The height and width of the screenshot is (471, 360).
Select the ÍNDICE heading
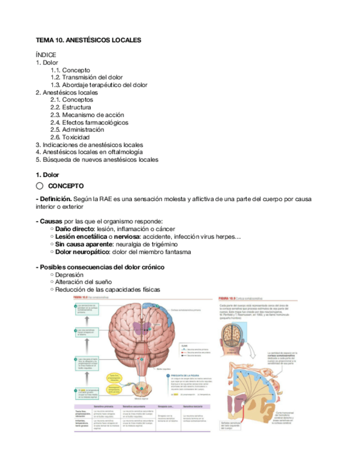(x=46, y=55)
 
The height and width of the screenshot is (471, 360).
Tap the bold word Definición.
(x=56, y=198)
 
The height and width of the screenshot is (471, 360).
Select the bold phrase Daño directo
(x=74, y=229)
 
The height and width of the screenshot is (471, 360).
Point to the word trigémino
(x=162, y=244)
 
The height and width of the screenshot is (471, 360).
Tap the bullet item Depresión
(x=69, y=274)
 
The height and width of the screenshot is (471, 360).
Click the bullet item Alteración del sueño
(x=81, y=282)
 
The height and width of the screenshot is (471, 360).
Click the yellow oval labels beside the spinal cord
(x=117, y=381)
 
